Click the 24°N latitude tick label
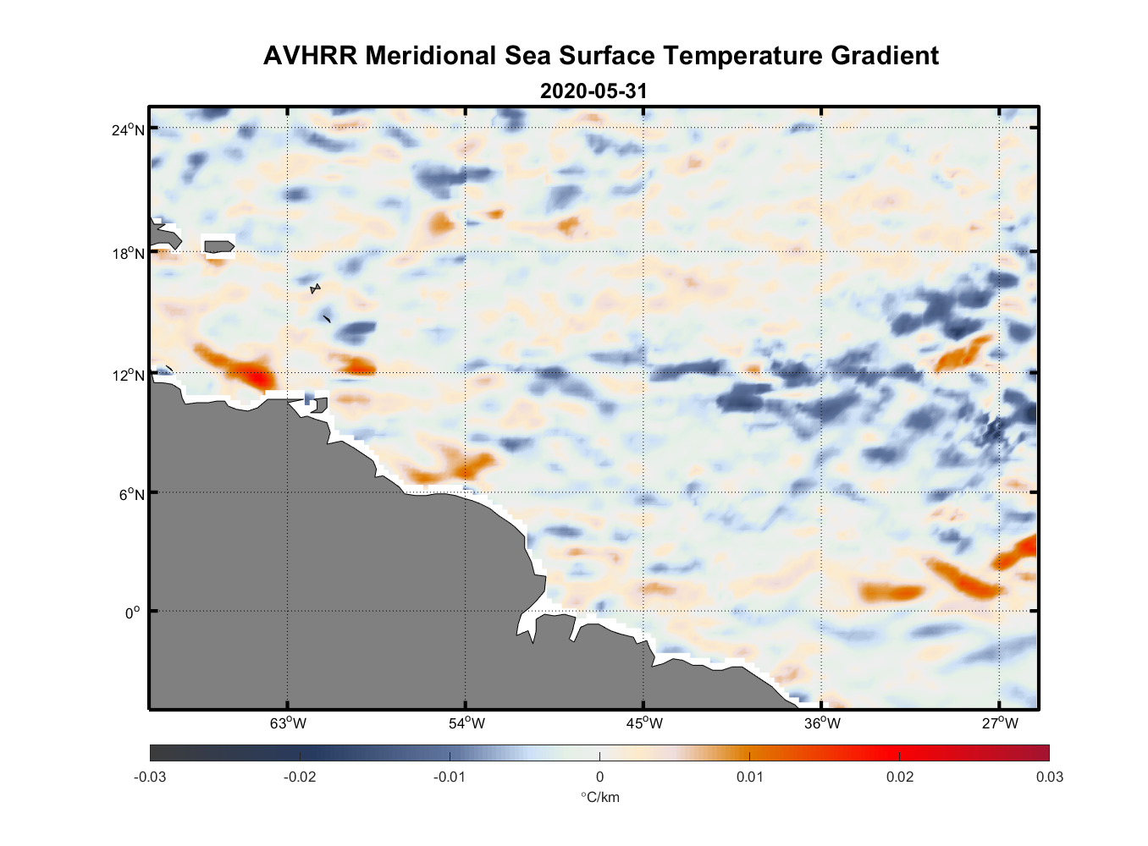click(128, 129)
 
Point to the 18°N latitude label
click(128, 253)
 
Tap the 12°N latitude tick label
click(128, 375)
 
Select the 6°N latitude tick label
click(131, 494)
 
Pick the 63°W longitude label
click(288, 723)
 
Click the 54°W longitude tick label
click(466, 723)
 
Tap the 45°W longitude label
click(644, 723)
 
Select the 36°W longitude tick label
click(822, 723)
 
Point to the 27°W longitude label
click(1000, 723)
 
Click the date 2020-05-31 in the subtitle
click(593, 91)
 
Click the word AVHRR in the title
click(311, 56)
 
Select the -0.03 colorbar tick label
click(150, 777)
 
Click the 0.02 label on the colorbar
click(899, 777)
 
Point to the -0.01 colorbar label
click(450, 777)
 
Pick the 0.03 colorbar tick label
click(1049, 777)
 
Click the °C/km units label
click(600, 797)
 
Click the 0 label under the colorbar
click(599, 777)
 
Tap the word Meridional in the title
click(431, 56)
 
